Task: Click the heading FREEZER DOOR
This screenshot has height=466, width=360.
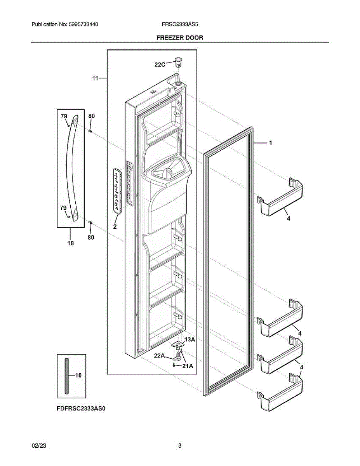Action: (x=179, y=38)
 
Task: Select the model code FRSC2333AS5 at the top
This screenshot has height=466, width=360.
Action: (x=180, y=24)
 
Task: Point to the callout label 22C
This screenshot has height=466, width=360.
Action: (x=160, y=65)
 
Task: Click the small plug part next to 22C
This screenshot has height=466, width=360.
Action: (x=178, y=61)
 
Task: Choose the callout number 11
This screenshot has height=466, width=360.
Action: (x=95, y=78)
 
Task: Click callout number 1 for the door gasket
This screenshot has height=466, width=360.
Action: (x=270, y=143)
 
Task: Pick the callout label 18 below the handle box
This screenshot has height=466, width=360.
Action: (x=70, y=243)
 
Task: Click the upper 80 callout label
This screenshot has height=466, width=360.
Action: (x=91, y=116)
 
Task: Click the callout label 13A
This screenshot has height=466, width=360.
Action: (x=189, y=339)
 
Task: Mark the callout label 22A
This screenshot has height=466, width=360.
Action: (x=160, y=355)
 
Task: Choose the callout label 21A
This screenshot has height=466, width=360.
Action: (x=188, y=365)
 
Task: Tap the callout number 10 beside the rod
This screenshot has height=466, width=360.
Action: (x=78, y=375)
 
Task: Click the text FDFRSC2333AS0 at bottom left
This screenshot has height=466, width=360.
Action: (x=81, y=409)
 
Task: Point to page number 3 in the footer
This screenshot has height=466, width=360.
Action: (x=180, y=446)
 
